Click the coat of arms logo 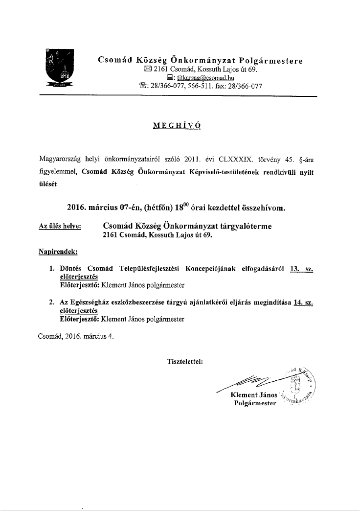tap(59, 68)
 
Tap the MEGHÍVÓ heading tap(177, 125)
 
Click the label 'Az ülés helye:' tap(60, 226)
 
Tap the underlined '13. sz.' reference tap(301, 269)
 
